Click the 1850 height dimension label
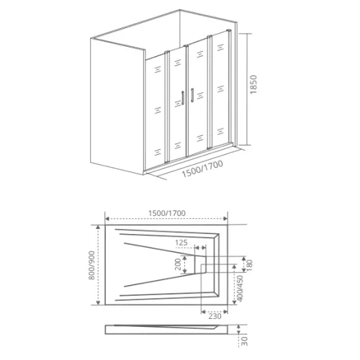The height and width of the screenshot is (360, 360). coord(253,84)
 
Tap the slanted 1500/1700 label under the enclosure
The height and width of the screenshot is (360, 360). coord(202,169)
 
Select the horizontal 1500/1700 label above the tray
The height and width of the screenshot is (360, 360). coord(167,213)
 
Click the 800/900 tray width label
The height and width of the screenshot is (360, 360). coord(91,265)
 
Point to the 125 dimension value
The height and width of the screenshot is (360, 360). coord(181,243)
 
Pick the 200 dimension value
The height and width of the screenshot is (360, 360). coord(178,264)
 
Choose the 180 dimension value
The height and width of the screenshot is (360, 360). coord(250,264)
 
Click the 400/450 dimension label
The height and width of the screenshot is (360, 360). coord(240,288)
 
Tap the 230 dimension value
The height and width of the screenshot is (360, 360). coord(215,316)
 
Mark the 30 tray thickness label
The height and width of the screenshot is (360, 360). coord(245,341)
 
